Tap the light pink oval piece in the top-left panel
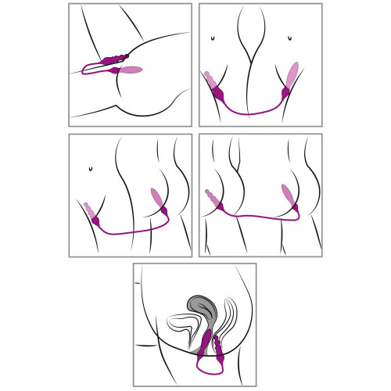pos(131,70)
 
